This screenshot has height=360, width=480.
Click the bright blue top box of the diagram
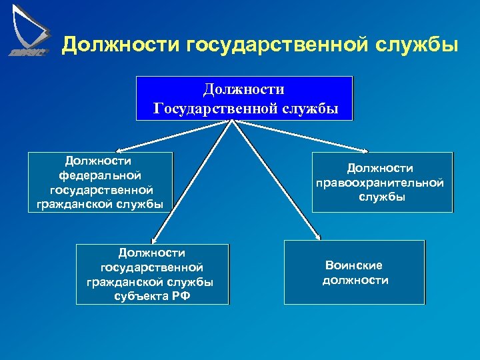(x=244, y=98)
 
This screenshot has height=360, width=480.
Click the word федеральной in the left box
(x=100, y=175)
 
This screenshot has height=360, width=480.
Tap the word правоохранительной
(x=381, y=183)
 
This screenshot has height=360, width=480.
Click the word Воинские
(x=353, y=265)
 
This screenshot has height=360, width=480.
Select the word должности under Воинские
(x=355, y=280)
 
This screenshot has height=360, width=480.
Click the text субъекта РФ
(x=152, y=296)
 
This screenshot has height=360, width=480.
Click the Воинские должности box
(x=354, y=273)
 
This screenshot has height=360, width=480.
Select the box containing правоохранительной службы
(x=381, y=183)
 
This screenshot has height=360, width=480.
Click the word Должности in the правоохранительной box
(x=380, y=169)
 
